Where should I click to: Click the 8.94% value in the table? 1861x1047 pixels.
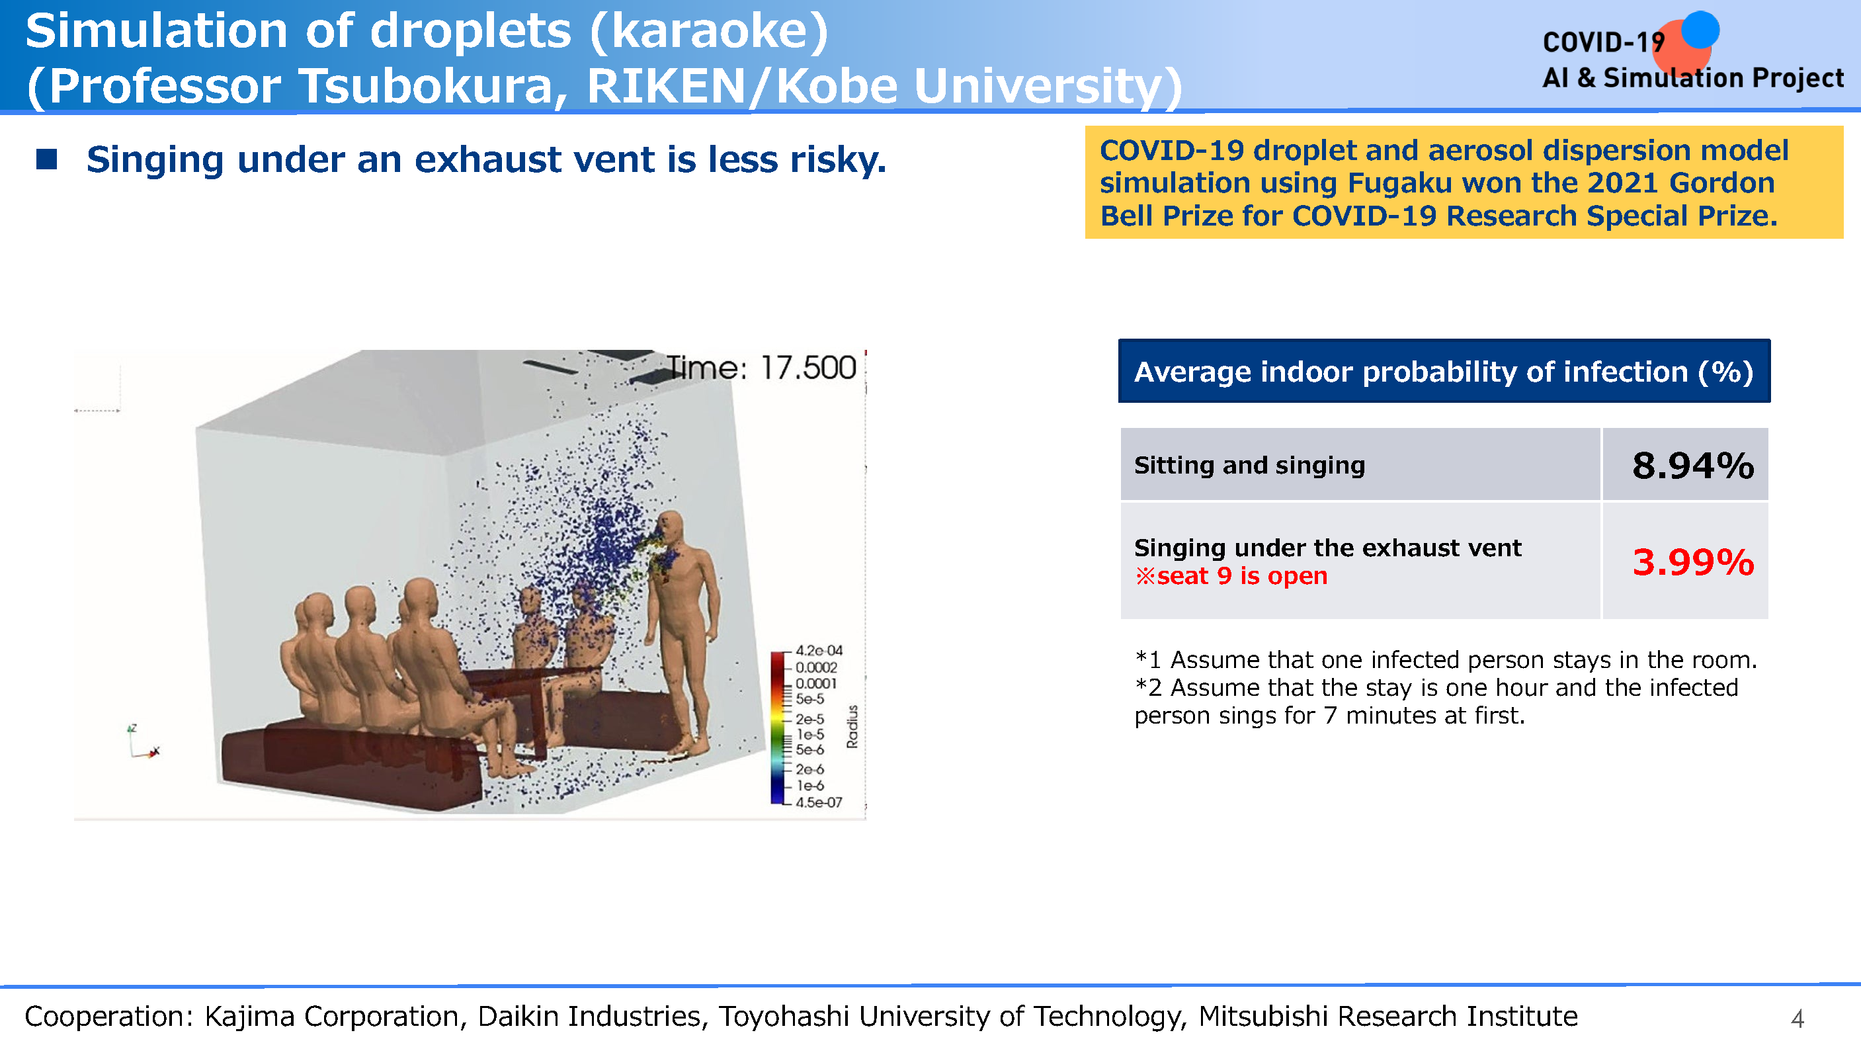[x=1692, y=466]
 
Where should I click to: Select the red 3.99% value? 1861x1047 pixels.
[x=1692, y=562]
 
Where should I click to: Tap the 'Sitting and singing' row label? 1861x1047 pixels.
[x=1249, y=466]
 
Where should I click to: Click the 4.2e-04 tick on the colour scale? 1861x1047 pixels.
[x=819, y=650]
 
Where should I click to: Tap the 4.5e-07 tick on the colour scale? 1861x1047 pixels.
[x=819, y=802]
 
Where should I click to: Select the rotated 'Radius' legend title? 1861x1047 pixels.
[x=852, y=726]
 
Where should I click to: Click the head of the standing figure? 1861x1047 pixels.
[x=673, y=531]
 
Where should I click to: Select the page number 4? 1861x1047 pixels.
[x=1798, y=1019]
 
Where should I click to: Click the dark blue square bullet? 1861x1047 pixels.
[x=46, y=159]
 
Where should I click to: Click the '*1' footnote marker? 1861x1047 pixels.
[x=1148, y=659]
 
